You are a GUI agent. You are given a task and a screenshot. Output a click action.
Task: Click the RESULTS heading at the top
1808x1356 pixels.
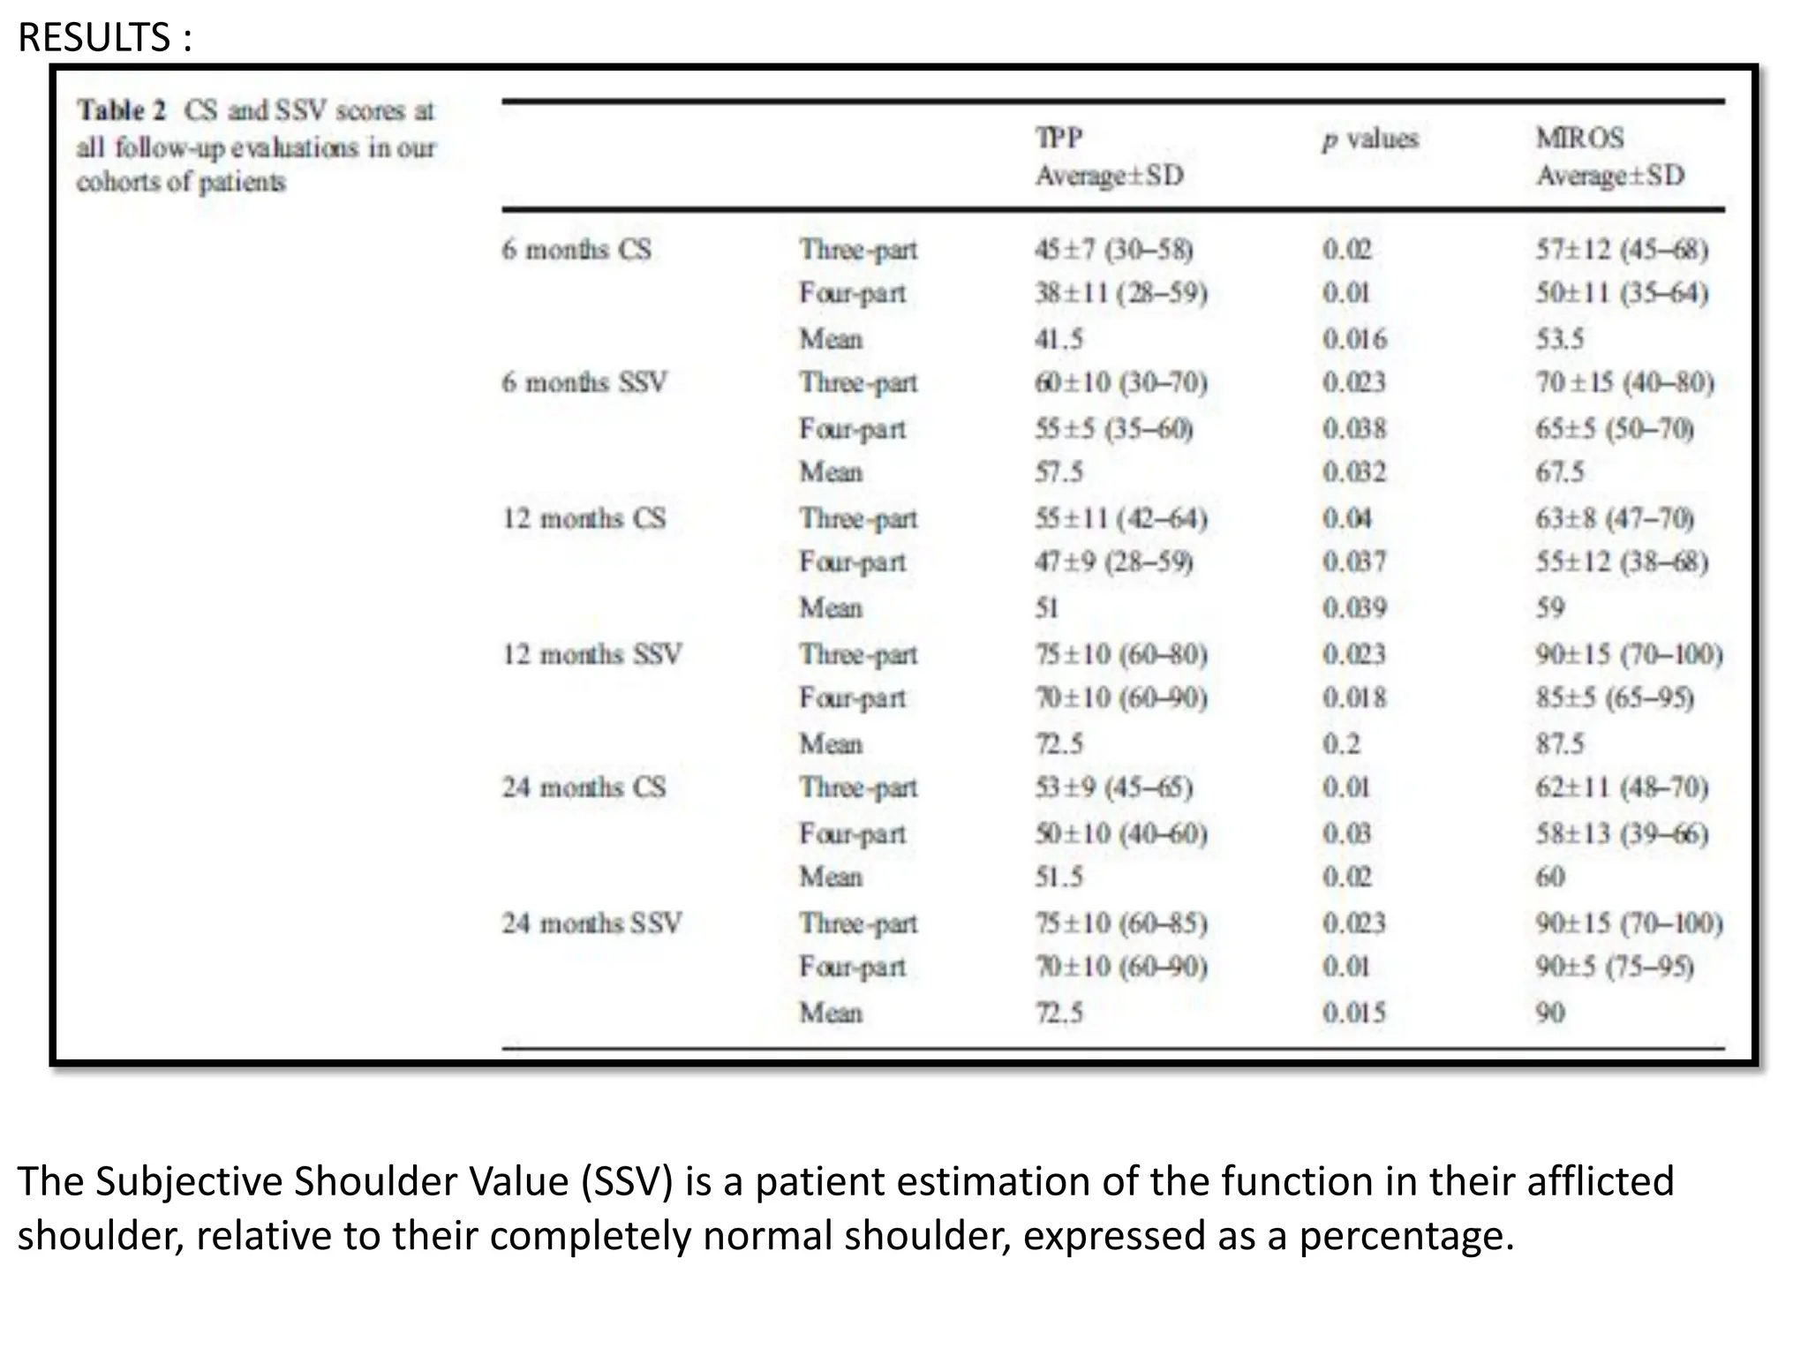pos(104,37)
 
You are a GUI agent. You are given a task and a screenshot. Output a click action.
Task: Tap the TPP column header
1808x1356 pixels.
pos(1058,139)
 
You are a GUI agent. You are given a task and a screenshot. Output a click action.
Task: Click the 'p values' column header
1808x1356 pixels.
pos(1369,139)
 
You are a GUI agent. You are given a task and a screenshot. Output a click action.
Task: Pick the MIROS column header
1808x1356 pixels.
pos(1579,139)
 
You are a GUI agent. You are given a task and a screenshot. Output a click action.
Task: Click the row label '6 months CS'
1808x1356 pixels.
pos(576,250)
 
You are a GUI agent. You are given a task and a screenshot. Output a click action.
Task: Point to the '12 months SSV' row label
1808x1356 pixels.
pos(591,654)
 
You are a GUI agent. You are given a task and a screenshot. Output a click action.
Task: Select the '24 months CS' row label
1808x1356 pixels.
pos(584,787)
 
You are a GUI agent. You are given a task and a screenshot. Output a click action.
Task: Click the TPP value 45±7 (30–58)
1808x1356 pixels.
pos(1114,250)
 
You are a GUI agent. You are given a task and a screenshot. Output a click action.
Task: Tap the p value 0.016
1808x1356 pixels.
pos(1354,339)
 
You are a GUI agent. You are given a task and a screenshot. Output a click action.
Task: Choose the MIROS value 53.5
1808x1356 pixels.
pos(1559,339)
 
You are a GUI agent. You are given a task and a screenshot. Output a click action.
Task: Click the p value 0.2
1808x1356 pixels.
pos(1341,744)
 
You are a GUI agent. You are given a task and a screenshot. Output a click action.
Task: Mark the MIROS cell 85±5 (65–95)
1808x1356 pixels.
pos(1614,698)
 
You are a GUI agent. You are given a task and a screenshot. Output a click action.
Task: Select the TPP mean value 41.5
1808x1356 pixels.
pos(1058,339)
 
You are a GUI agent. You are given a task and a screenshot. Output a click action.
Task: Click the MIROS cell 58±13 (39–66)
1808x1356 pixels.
pos(1621,833)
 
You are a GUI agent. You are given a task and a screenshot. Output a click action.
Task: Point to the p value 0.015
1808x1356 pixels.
pos(1354,1013)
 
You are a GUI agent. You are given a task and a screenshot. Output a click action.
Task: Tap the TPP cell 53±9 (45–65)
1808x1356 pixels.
pos(1114,787)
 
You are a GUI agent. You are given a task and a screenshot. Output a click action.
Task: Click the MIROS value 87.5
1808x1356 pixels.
pos(1559,744)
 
